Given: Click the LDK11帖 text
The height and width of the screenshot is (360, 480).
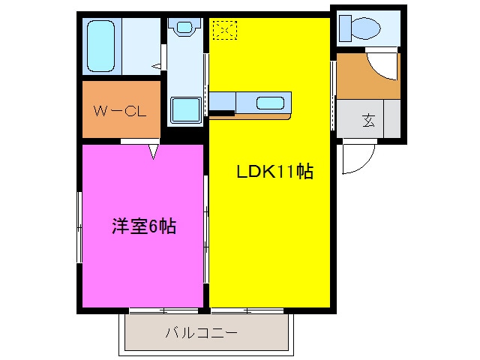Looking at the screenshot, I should pyautogui.click(x=274, y=172).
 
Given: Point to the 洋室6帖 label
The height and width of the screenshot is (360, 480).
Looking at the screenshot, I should pyautogui.click(x=144, y=226).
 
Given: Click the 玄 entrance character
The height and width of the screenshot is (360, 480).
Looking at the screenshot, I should pyautogui.click(x=369, y=121).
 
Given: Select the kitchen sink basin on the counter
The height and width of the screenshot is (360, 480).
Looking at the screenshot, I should pyautogui.click(x=268, y=103).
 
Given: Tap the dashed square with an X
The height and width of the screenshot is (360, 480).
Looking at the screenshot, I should pyautogui.click(x=224, y=30).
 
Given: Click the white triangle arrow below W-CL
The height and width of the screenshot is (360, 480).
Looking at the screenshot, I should pyautogui.click(x=154, y=151).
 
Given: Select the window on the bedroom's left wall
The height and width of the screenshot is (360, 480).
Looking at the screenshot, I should pyautogui.click(x=79, y=226).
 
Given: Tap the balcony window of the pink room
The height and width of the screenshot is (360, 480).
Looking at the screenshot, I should pyautogui.click(x=163, y=310).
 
